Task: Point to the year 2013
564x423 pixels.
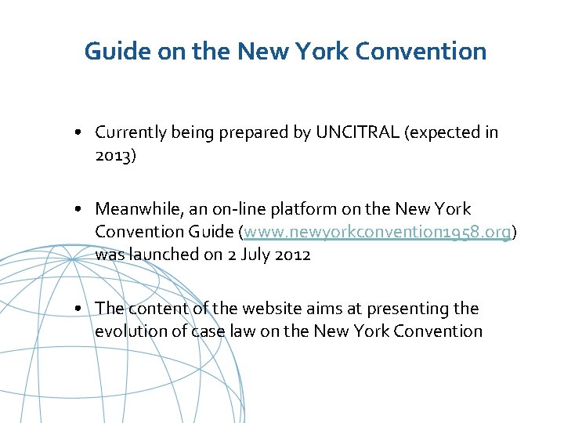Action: [114, 155]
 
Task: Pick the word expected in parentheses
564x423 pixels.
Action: [442, 132]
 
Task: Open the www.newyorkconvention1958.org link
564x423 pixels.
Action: [378, 233]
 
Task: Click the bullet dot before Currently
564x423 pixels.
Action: [81, 133]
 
